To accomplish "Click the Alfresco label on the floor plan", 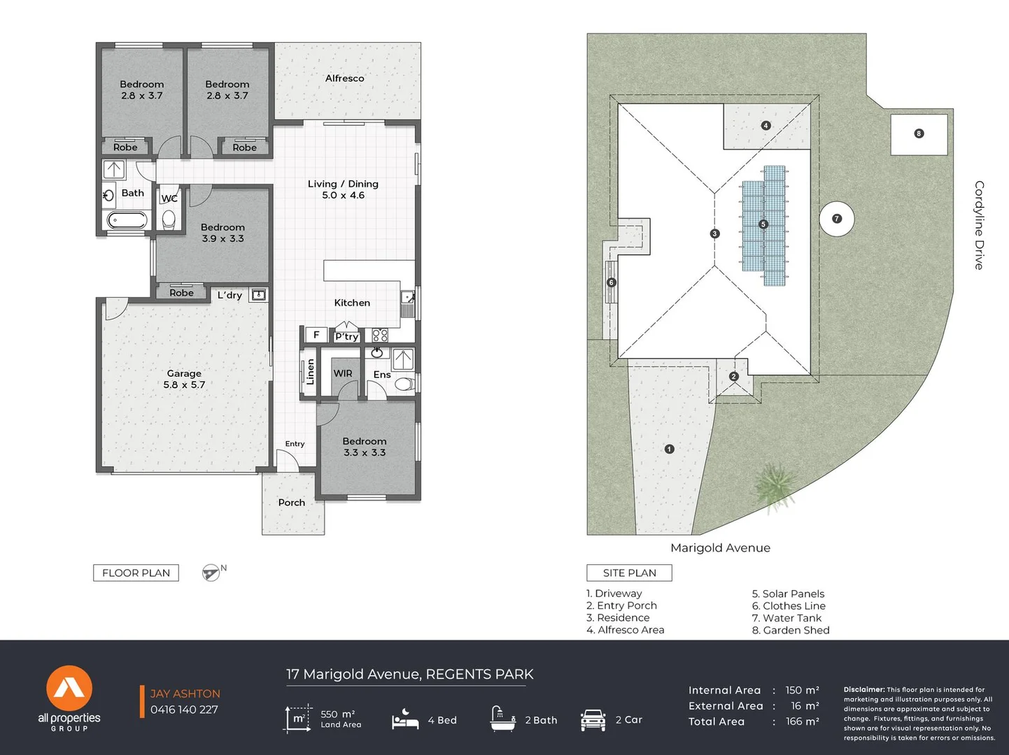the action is pyautogui.click(x=344, y=78).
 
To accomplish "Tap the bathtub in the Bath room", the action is pyautogui.click(x=127, y=220).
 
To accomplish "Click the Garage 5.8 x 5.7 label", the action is pyautogui.click(x=184, y=379).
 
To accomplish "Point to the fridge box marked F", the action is pyautogui.click(x=316, y=335).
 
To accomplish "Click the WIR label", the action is pyautogui.click(x=343, y=373).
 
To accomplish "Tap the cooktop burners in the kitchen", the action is pyautogui.click(x=380, y=335).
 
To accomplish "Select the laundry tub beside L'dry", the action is pyautogui.click(x=258, y=294).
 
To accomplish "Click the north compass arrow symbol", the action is pyautogui.click(x=211, y=573).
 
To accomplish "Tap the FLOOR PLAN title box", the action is pyautogui.click(x=136, y=573).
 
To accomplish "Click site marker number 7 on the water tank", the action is pyautogui.click(x=837, y=219).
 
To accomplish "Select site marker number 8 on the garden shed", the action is pyautogui.click(x=919, y=134).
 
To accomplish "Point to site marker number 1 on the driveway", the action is pyautogui.click(x=670, y=449).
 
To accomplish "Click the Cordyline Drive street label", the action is pyautogui.click(x=979, y=225).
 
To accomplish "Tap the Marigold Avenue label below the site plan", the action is pyautogui.click(x=720, y=548).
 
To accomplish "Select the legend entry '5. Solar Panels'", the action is pyautogui.click(x=788, y=594).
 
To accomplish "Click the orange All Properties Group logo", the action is pyautogui.click(x=69, y=688).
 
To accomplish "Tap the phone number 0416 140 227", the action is pyautogui.click(x=184, y=710).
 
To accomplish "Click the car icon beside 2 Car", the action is pyautogui.click(x=593, y=719).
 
